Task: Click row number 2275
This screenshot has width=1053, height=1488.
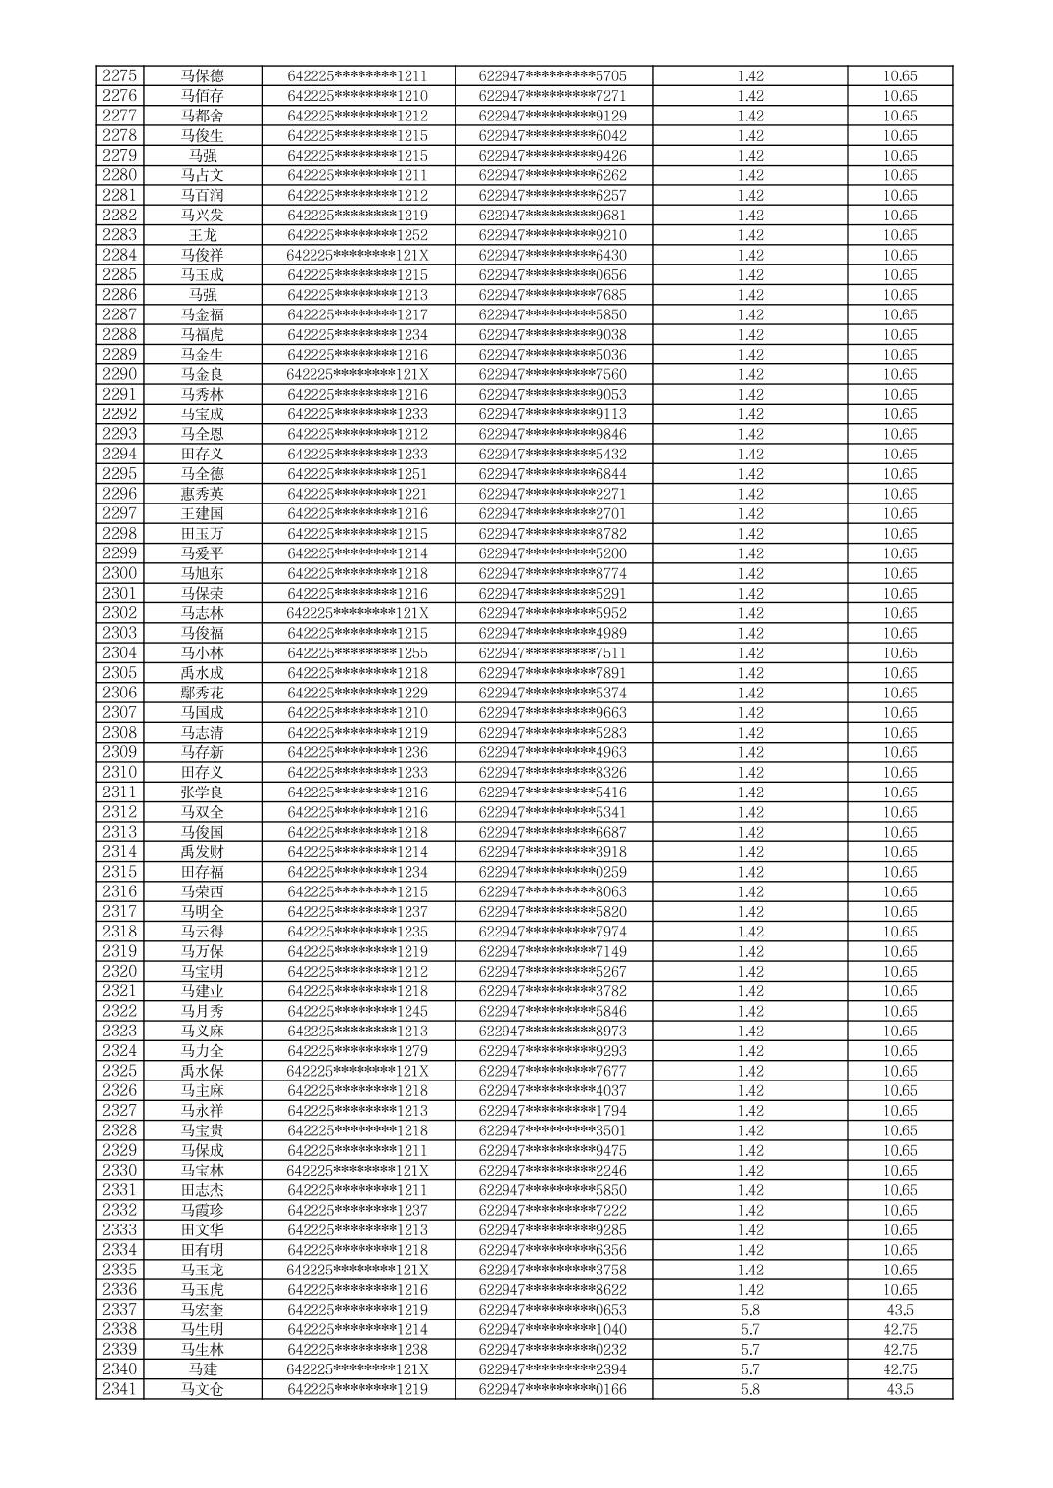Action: click(120, 76)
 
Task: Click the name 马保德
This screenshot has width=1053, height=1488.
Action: click(202, 76)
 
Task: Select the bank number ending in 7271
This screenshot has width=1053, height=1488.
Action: click(552, 96)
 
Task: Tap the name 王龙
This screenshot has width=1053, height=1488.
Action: click(202, 235)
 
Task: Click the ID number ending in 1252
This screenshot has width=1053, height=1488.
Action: click(358, 235)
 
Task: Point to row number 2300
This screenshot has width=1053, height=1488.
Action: click(120, 573)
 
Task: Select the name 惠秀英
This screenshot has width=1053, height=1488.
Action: click(202, 494)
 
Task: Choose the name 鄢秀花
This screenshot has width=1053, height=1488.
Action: click(202, 693)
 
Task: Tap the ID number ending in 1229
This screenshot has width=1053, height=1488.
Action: click(358, 693)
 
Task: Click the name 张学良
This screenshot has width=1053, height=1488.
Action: click(202, 792)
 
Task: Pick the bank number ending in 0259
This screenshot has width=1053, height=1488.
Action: click(552, 872)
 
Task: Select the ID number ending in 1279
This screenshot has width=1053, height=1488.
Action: click(358, 1051)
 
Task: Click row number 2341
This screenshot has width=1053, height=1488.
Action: click(120, 1389)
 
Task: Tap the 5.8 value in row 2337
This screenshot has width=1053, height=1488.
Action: click(750, 1310)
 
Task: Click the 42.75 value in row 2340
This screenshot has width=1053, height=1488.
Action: click(899, 1369)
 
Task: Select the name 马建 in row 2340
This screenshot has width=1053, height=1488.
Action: click(202, 1369)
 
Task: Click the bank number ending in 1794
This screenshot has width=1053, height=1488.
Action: click(552, 1111)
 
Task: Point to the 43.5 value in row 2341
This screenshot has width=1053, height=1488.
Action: click(899, 1389)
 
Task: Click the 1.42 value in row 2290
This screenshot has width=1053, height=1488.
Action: click(750, 374)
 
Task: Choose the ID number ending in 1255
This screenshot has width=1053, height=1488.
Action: click(358, 653)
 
